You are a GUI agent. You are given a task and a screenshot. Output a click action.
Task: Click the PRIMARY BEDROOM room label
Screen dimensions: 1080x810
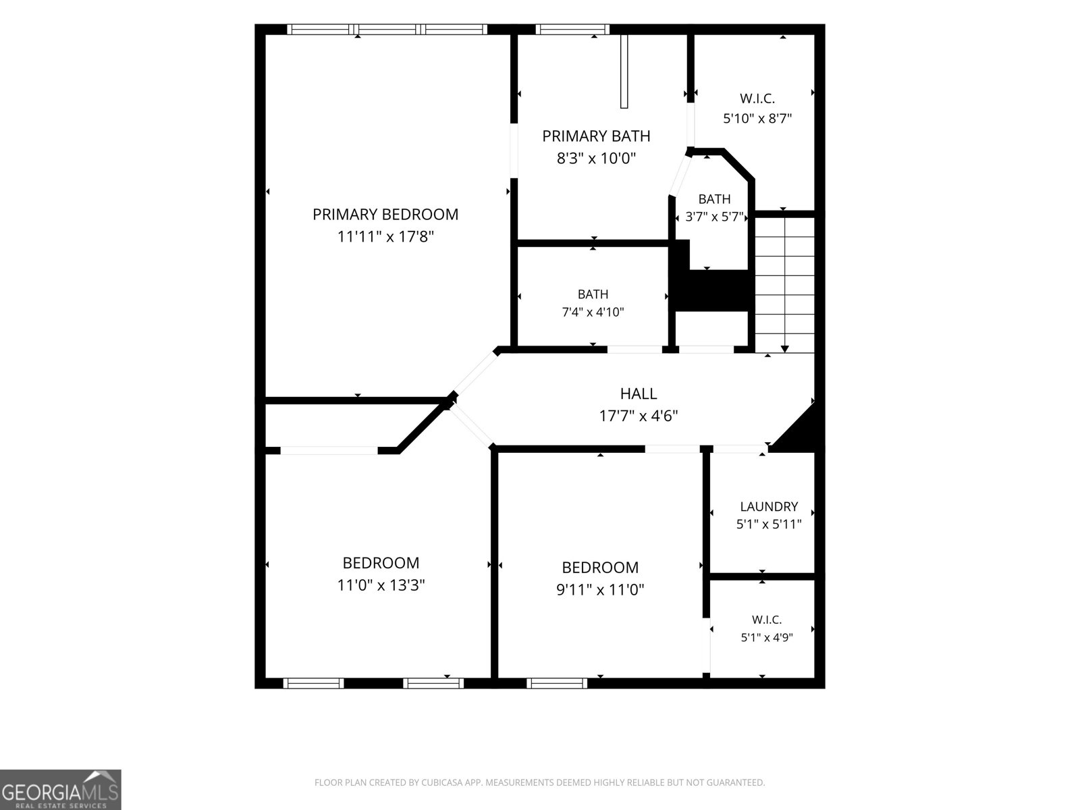[x=385, y=215]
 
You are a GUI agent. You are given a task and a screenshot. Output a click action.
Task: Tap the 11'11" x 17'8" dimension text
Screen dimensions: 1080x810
[x=385, y=237]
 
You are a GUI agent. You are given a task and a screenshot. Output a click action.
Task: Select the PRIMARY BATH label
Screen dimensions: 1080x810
[x=596, y=136]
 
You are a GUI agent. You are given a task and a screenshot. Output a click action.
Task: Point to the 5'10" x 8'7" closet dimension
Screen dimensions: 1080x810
[x=757, y=119]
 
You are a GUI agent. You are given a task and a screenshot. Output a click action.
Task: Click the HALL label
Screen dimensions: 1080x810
[x=638, y=394]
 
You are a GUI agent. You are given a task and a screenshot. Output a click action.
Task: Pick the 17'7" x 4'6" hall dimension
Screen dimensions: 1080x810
[x=638, y=416]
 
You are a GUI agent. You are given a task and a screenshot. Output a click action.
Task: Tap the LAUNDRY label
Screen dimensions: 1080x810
[x=769, y=506]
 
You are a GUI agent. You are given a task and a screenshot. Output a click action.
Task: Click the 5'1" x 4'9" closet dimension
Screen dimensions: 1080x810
[x=767, y=637]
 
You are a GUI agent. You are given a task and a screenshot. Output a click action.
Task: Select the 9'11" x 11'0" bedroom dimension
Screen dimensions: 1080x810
[x=600, y=589]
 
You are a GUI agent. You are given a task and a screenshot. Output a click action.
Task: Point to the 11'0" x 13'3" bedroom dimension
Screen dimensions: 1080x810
[x=381, y=585]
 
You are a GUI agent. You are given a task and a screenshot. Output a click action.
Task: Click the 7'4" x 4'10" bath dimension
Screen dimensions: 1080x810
[x=593, y=312]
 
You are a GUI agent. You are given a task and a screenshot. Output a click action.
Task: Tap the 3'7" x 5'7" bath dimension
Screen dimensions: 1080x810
[x=714, y=217]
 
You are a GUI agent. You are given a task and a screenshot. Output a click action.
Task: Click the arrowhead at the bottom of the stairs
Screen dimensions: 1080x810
[x=785, y=349]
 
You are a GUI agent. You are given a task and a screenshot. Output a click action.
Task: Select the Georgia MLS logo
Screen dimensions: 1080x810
[x=61, y=789]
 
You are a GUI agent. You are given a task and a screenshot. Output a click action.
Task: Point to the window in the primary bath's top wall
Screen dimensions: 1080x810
[x=572, y=30]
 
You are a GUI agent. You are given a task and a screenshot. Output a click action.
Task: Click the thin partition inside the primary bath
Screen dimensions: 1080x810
[x=624, y=72]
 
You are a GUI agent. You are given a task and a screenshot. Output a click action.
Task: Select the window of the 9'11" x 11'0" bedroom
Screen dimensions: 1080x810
[x=557, y=683]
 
